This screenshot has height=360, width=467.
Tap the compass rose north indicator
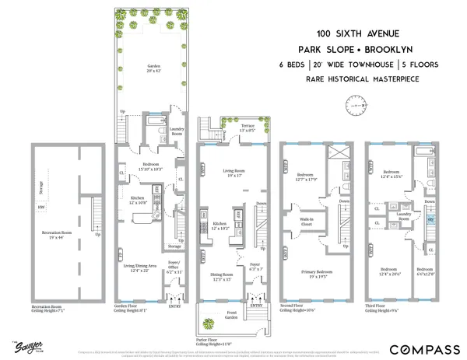click(x=364, y=101)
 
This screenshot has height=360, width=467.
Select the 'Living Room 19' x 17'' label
click(x=230, y=173)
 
